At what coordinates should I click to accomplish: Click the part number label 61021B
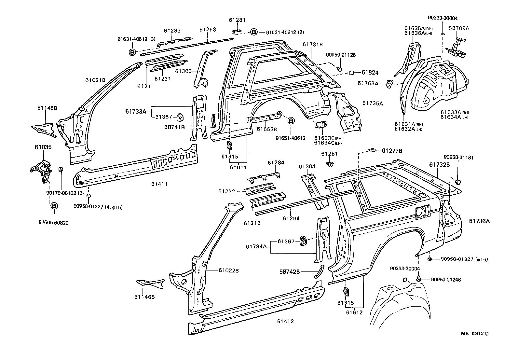(96, 80)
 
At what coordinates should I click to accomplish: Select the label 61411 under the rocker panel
(159, 184)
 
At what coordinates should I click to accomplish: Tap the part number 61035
(43, 147)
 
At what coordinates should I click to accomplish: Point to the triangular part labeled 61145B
(43, 128)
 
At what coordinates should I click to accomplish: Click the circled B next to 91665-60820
(54, 206)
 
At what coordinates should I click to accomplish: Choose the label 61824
(370, 73)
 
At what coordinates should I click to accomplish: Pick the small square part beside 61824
(352, 73)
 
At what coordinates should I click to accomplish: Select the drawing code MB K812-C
(475, 333)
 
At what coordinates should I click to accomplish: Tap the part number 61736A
(479, 221)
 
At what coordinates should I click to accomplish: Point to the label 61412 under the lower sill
(286, 321)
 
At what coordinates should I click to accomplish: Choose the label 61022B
(229, 270)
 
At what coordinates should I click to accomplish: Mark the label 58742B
(290, 271)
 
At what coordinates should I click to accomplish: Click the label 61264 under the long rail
(291, 218)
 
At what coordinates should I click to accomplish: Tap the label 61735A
(373, 104)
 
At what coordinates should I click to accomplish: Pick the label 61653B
(267, 129)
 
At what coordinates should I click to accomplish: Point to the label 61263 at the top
(208, 30)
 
